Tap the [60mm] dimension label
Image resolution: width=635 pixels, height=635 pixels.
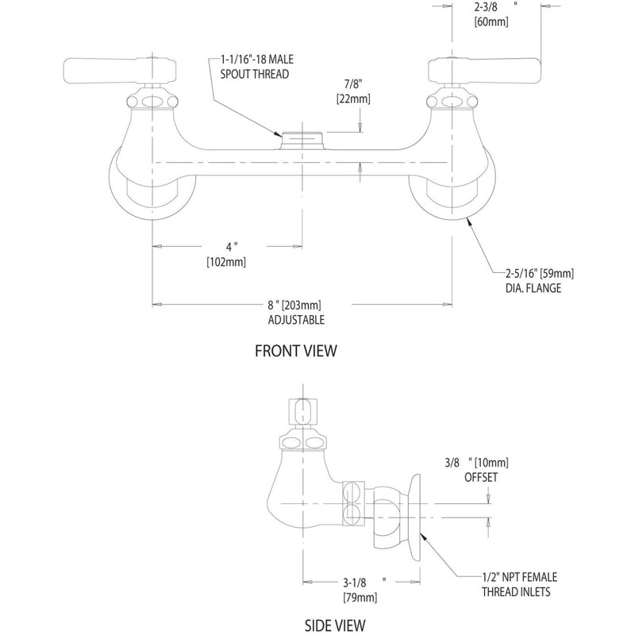point(491,22)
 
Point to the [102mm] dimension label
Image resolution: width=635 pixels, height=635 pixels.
point(227,261)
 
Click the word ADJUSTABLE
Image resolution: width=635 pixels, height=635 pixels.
point(297,320)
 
